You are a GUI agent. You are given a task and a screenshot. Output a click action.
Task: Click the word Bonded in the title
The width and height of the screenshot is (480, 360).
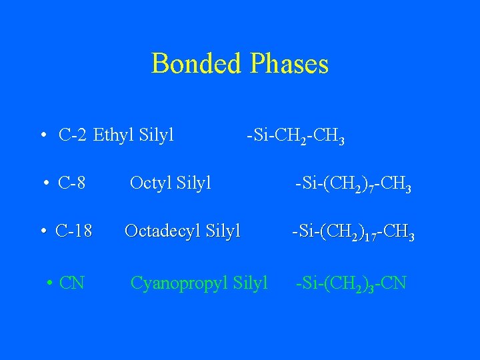pos(197,64)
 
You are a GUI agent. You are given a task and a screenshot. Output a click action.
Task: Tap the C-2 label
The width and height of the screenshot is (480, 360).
pos(73,135)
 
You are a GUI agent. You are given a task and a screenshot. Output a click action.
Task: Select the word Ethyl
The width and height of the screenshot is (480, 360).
pos(114,135)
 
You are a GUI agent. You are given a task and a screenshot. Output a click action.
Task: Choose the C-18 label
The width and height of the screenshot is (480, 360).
pos(74,231)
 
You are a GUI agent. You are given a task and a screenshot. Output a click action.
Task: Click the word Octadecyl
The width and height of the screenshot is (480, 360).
pos(163,231)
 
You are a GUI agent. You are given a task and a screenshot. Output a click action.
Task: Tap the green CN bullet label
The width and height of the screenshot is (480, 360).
pos(71,283)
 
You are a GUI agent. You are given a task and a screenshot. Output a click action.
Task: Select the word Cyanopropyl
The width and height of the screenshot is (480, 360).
pos(179,283)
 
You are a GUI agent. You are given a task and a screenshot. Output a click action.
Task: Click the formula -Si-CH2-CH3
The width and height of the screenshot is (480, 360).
pos(295,137)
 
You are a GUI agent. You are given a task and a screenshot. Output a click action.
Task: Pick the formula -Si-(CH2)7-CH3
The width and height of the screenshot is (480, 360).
pos(353,183)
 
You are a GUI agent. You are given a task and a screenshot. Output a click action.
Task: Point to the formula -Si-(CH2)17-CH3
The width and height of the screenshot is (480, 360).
pos(353,233)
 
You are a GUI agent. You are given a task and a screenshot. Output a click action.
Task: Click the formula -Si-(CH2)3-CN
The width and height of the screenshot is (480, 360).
pos(351,284)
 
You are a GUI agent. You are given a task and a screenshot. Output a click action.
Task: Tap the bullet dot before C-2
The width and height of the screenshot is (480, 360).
pos(43,136)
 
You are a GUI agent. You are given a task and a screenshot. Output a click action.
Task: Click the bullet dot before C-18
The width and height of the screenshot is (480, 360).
pos(42,232)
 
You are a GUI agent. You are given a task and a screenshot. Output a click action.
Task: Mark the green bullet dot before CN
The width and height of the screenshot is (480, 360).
pos(50,283)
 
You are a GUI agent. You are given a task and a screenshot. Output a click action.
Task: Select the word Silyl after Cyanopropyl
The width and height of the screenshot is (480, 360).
pos(251,283)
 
